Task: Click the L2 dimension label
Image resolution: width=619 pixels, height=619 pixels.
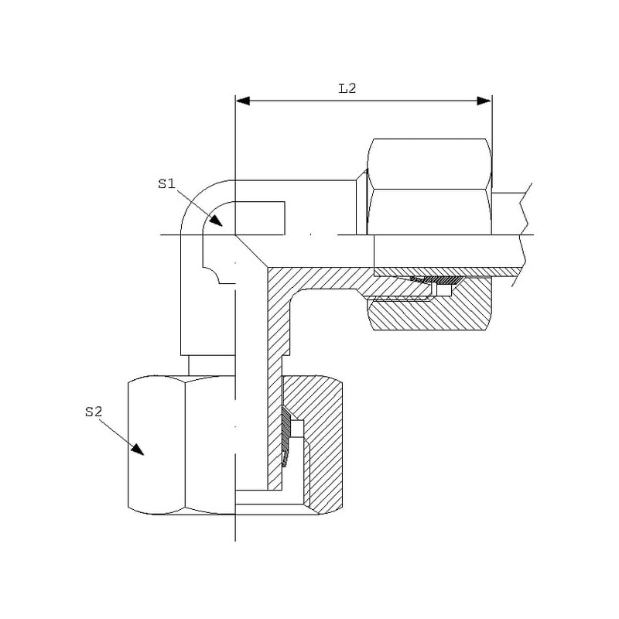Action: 347,88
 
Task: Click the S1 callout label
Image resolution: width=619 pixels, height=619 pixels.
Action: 166,183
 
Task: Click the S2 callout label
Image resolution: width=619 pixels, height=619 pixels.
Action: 94,412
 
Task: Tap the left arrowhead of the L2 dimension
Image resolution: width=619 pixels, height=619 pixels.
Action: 243,101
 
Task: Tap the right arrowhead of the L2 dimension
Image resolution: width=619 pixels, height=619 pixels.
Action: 484,101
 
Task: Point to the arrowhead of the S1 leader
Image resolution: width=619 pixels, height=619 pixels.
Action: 217,221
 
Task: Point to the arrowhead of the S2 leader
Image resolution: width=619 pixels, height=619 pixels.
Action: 139,450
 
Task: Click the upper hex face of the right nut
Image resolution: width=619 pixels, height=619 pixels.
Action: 429,164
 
